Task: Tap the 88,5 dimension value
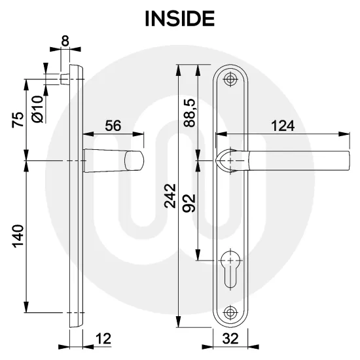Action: [190, 113]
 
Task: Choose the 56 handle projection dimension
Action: [113, 126]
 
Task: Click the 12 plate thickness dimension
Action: [101, 338]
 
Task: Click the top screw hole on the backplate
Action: [229, 80]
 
